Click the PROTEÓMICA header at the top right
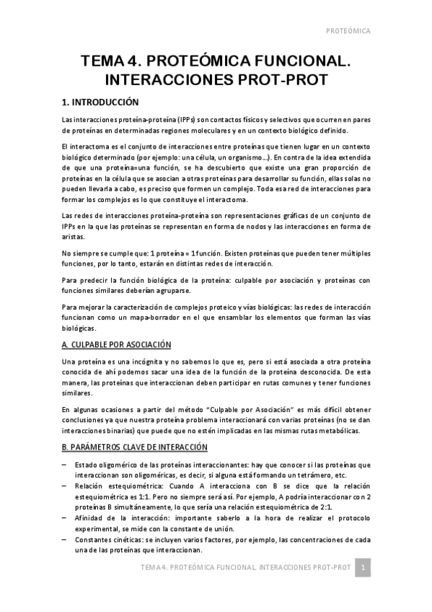click(348, 32)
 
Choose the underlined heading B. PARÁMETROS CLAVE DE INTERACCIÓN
click(135, 447)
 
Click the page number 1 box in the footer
click(364, 568)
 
